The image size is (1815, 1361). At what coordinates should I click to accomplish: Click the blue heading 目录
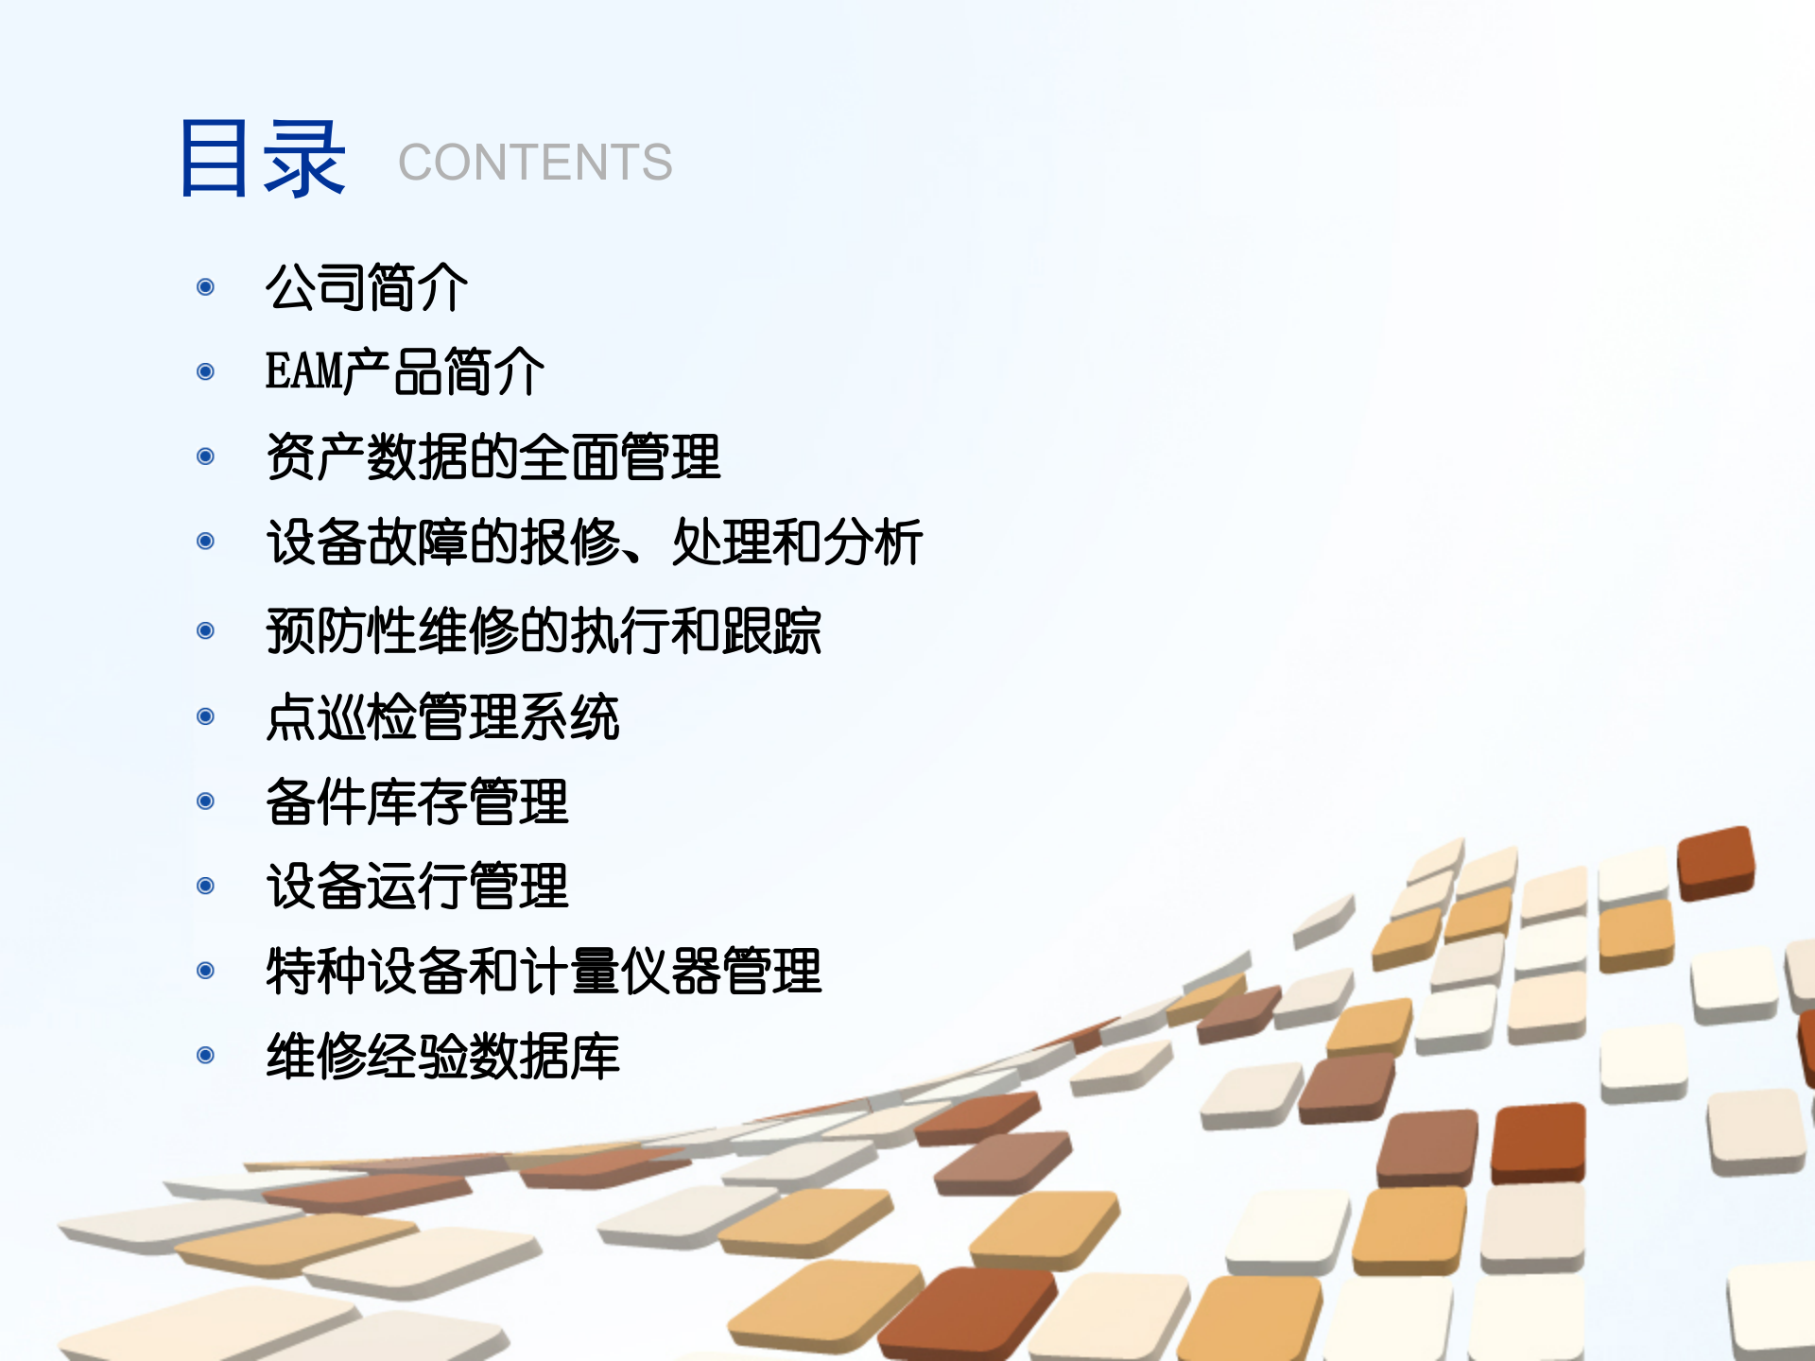coord(262,159)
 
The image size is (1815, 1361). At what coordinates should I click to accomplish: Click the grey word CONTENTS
coord(535,163)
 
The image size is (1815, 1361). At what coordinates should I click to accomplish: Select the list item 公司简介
coord(367,287)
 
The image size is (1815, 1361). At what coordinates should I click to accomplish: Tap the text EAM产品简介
coord(405,371)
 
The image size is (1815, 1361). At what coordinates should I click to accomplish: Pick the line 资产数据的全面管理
coord(493,457)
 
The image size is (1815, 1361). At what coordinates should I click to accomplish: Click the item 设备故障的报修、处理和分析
coord(595,542)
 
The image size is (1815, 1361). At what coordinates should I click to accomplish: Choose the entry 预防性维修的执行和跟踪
coord(544,630)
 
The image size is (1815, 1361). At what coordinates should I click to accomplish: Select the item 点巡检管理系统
coord(442,716)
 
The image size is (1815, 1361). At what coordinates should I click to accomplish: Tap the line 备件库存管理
coord(417,801)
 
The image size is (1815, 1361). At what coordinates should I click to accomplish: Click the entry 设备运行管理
coord(417,886)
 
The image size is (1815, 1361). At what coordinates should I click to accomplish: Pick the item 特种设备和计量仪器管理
coord(544,971)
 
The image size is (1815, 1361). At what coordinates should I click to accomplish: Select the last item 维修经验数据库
coord(442,1056)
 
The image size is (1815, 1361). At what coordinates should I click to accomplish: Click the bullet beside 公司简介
coord(205,287)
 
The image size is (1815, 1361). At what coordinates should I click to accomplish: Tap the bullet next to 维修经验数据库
coord(205,1056)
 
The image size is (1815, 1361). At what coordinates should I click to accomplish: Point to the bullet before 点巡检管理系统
coord(205,716)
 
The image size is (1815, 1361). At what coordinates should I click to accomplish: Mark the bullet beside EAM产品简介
coord(205,371)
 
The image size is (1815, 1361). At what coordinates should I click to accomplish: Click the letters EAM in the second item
coord(303,371)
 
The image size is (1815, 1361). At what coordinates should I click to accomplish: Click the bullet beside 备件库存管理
coord(205,801)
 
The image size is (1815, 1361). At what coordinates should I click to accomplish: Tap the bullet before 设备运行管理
coord(205,886)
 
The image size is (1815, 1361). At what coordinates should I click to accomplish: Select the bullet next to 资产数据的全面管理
coord(205,457)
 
